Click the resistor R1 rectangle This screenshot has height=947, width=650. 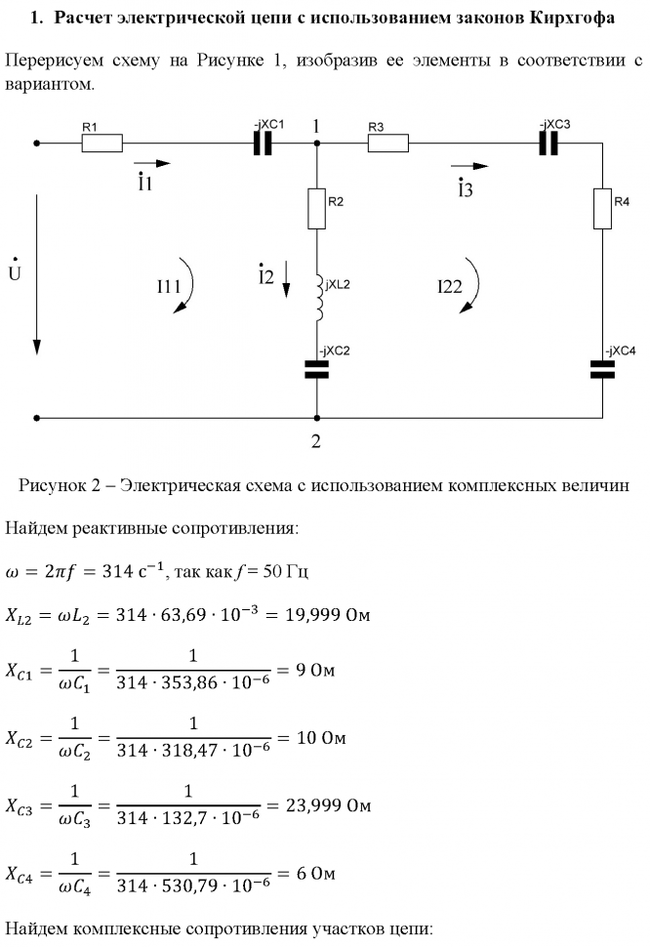[x=102, y=143]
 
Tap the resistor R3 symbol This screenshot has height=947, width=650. [x=387, y=143]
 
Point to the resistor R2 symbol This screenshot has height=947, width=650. [x=316, y=209]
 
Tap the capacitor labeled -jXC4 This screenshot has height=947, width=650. [x=601, y=369]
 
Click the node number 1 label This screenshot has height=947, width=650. [x=316, y=126]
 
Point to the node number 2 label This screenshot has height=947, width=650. [x=315, y=440]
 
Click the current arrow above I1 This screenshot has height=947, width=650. [x=150, y=164]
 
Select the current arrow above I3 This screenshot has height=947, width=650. [x=468, y=166]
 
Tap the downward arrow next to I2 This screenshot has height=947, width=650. [x=286, y=278]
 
